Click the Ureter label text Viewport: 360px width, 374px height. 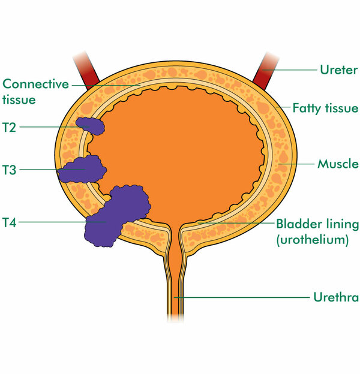point(338,69)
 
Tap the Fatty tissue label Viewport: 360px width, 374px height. point(325,108)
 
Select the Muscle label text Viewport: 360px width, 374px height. point(338,163)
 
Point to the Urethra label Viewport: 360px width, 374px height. point(335,297)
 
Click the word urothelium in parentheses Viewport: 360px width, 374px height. point(312,240)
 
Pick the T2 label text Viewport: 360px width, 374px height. point(10,126)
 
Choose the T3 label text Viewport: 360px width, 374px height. point(10,170)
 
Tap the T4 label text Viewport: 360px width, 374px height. point(10,223)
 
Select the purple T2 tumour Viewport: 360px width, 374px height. point(90,126)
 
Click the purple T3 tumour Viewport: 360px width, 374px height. point(81,169)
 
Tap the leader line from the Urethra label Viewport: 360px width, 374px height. point(240,297)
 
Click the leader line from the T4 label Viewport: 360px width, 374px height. point(54,223)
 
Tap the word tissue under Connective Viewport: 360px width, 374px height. point(19,99)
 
